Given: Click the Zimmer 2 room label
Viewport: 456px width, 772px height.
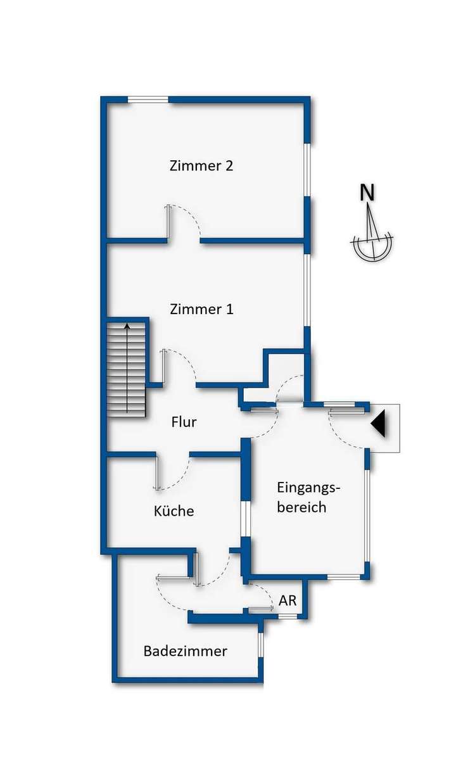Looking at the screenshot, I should click(201, 166).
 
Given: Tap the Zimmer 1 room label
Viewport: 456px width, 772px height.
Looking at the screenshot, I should click(201, 310).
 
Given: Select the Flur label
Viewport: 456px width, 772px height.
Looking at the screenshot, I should click(184, 422).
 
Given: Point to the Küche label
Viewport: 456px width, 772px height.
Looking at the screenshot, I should click(174, 510).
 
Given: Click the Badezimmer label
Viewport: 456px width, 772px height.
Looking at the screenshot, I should click(185, 651).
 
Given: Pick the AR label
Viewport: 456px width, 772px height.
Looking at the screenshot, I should click(288, 601).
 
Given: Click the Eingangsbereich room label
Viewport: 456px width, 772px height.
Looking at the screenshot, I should click(309, 497).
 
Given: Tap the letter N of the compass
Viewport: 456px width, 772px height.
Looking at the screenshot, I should click(367, 192).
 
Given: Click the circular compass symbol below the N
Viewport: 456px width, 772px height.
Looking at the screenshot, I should click(372, 246).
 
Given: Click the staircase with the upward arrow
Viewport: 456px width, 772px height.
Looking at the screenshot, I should click(127, 370).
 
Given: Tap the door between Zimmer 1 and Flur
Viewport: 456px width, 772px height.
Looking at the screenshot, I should click(180, 367).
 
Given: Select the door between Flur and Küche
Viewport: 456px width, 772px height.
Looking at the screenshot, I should click(173, 472).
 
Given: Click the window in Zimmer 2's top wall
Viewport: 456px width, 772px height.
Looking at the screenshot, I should click(148, 99).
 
